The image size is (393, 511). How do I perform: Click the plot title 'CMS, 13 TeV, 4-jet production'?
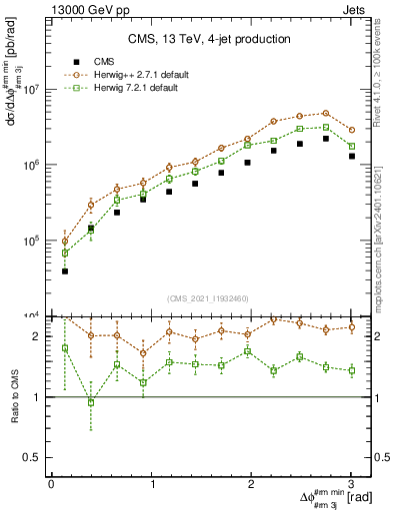[x=209, y=39]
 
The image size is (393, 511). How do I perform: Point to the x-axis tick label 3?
[x=351, y=483]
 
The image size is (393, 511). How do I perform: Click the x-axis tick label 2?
[x=251, y=483]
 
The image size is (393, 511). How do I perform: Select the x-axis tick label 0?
[x=51, y=483]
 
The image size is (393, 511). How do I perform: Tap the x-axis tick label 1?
[x=151, y=483]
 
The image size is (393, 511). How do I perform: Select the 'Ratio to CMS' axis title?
[x=15, y=393]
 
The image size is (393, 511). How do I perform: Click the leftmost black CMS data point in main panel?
[x=65, y=270]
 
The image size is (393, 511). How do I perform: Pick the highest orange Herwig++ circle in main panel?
[x=325, y=113]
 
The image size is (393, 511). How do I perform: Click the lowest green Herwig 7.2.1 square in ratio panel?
[x=91, y=402]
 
